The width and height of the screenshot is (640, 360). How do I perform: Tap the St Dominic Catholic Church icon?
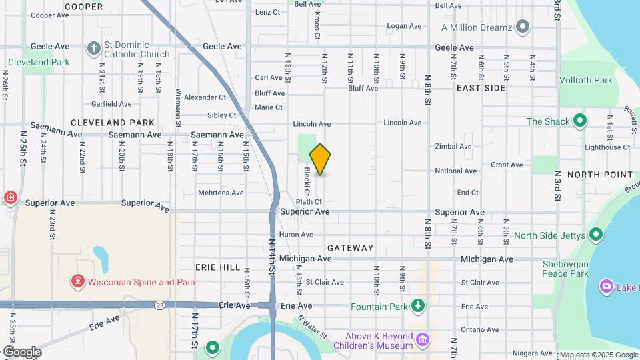pyautogui.click(x=95, y=48)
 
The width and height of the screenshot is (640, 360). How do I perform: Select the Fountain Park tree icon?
pyautogui.click(x=418, y=306)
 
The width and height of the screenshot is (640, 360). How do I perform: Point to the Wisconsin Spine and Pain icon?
pyautogui.click(x=79, y=282)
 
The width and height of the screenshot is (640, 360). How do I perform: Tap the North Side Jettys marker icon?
pyautogui.click(x=596, y=235)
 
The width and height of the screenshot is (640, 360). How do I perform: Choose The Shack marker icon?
pyautogui.click(x=580, y=121)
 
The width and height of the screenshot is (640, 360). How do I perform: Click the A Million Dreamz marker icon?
pyautogui.click(x=523, y=27)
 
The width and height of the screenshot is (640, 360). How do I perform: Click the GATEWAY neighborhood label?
pyautogui.click(x=351, y=248)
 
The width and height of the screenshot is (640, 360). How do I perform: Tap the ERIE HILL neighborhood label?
pyautogui.click(x=218, y=267)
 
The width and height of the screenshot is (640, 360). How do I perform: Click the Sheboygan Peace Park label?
pyautogui.click(x=565, y=269)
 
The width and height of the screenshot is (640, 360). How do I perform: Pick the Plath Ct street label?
pyautogui.click(x=309, y=201)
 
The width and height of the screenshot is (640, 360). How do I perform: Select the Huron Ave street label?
pyautogui.click(x=296, y=235)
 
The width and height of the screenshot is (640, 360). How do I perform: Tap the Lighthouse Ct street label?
pyautogui.click(x=607, y=147)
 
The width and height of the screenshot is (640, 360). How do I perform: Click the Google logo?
pyautogui.click(x=21, y=352)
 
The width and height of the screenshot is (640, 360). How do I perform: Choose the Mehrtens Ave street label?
pyautogui.click(x=221, y=193)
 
